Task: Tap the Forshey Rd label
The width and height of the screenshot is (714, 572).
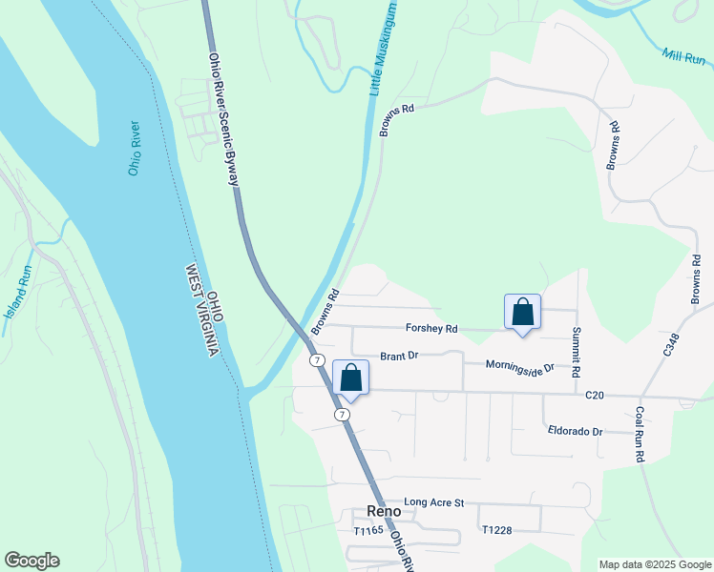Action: tap(431, 329)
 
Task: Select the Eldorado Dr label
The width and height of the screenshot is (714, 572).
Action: tap(576, 431)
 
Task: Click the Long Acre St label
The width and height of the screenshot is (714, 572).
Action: tap(433, 502)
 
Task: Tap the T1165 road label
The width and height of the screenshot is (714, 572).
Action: tap(367, 530)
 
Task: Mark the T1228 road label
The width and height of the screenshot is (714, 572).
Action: tap(498, 530)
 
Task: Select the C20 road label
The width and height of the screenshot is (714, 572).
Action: tap(595, 395)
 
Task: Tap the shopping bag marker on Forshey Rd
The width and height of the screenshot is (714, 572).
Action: tap(522, 312)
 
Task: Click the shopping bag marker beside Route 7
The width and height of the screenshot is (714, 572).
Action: tap(350, 378)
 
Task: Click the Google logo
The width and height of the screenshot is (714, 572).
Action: tap(31, 561)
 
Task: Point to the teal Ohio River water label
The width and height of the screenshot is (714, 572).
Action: tap(135, 148)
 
